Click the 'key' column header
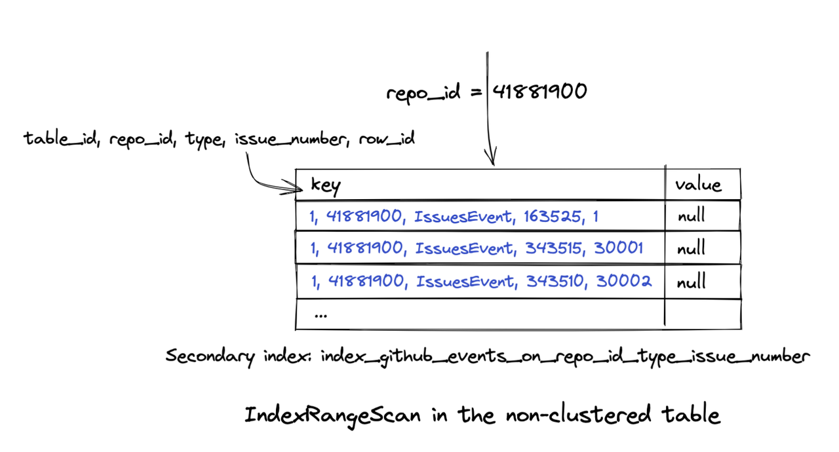pos(325,186)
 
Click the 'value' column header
pos(698,185)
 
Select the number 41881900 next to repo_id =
pos(539,92)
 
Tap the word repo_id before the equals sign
pos(423,94)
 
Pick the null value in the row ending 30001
pos(691,249)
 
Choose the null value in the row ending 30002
pos(691,282)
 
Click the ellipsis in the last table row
pos(321,314)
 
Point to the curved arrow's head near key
pos(298,189)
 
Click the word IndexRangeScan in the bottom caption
pos(332,415)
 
